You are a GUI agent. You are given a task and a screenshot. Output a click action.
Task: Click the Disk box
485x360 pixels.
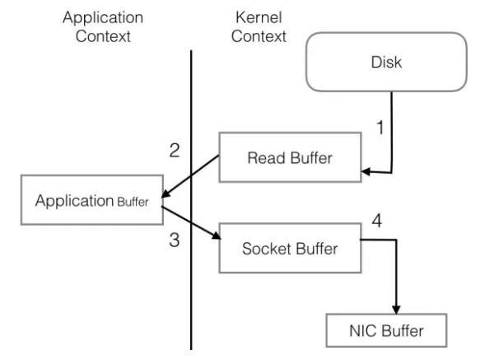click(386, 62)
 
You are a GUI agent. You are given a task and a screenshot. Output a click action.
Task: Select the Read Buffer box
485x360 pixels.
click(290, 157)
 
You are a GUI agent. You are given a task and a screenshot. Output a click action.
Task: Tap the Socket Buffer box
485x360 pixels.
click(290, 248)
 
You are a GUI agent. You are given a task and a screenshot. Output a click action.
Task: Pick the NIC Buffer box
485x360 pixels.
click(386, 330)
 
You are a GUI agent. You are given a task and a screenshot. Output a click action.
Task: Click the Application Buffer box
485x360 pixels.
click(92, 200)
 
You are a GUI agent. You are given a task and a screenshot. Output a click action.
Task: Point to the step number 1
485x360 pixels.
click(380, 128)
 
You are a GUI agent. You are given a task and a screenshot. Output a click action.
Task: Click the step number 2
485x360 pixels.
click(175, 151)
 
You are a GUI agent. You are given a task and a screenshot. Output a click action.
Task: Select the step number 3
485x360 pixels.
click(175, 240)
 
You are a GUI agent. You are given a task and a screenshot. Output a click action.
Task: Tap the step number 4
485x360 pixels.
click(377, 221)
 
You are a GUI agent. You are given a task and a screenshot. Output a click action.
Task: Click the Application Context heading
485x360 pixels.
click(103, 26)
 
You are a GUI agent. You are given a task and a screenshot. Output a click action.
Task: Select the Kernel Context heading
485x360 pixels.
click(259, 26)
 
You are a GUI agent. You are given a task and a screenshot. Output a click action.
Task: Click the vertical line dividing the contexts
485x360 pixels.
click(191, 200)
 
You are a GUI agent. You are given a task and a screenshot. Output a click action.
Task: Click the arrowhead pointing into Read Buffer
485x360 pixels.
click(366, 171)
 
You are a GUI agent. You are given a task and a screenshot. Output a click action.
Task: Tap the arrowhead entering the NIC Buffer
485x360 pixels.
click(396, 310)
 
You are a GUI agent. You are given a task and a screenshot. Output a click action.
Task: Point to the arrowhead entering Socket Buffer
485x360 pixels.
click(217, 236)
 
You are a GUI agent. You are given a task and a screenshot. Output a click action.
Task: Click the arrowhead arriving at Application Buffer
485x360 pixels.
click(166, 194)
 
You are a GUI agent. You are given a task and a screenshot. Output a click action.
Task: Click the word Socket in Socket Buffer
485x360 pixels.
click(267, 249)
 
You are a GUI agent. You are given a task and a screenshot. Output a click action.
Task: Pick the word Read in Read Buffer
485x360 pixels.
click(266, 158)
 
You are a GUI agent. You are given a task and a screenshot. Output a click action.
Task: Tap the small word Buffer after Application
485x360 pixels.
click(133, 202)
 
